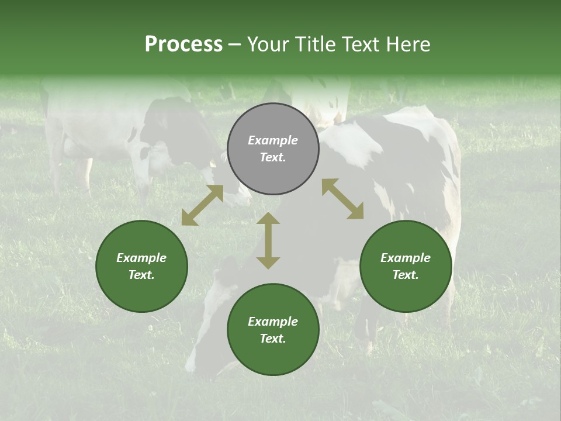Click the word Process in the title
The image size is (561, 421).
click(x=183, y=44)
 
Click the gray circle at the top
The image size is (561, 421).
click(x=273, y=149)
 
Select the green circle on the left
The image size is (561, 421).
click(x=141, y=266)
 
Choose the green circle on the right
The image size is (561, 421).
click(x=406, y=266)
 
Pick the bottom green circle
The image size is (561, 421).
click(x=273, y=330)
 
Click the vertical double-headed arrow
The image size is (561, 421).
click(x=268, y=240)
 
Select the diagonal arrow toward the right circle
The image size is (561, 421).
click(x=342, y=199)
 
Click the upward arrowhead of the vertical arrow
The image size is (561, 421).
click(x=268, y=218)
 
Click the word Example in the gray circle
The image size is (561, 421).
click(x=273, y=140)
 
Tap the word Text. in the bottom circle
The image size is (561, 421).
click(x=273, y=339)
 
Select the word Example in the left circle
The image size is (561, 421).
click(x=141, y=258)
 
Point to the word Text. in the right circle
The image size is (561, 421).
click(x=406, y=275)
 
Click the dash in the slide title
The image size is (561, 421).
click(x=234, y=44)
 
